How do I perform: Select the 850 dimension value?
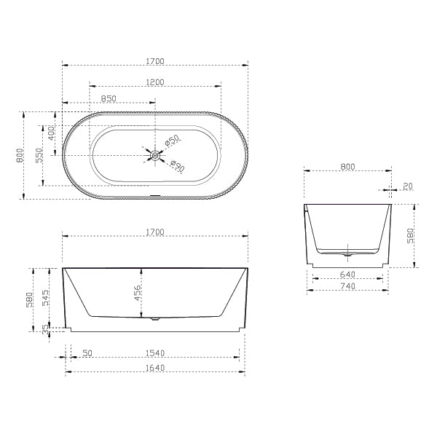[x=109, y=98]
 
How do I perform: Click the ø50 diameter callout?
[x=172, y=141]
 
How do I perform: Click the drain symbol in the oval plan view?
[x=154, y=154]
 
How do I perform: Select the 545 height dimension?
[x=45, y=297]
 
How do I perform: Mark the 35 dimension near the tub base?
[x=45, y=328]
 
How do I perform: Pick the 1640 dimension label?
[x=154, y=368]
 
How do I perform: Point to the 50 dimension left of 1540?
[x=87, y=353]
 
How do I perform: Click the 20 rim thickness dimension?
[x=407, y=186]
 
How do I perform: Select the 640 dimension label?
[x=347, y=275]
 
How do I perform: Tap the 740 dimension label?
[x=347, y=286]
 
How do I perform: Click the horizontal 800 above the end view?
[x=347, y=167]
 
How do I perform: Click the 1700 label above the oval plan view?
[x=154, y=62]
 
